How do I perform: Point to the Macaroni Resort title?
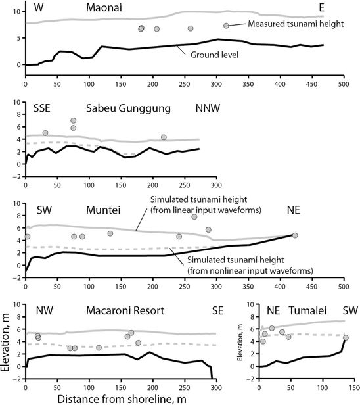[116, 310]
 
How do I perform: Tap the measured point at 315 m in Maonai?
[226, 26]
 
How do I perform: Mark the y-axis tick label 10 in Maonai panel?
[15, 12]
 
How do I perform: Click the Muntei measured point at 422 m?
[295, 235]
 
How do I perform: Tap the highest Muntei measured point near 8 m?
[194, 217]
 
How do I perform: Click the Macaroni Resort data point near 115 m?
[99, 348]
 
